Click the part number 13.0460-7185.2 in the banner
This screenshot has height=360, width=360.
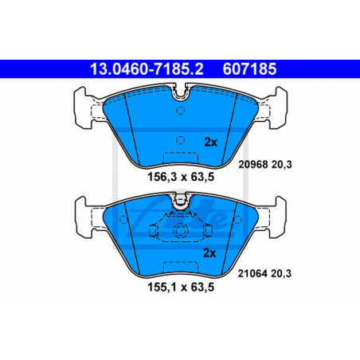point(147,69)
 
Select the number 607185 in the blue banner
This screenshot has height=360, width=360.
point(249,69)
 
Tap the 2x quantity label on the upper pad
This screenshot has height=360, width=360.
point(210,143)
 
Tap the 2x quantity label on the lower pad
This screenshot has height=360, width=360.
point(209,253)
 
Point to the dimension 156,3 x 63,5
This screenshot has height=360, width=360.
point(181,177)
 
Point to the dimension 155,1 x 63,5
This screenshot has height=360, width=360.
point(181,287)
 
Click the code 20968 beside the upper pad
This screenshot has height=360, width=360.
point(253,165)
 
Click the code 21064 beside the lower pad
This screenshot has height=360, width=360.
point(252,273)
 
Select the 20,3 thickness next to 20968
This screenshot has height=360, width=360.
point(282,165)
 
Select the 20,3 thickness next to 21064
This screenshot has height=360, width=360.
point(281,274)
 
